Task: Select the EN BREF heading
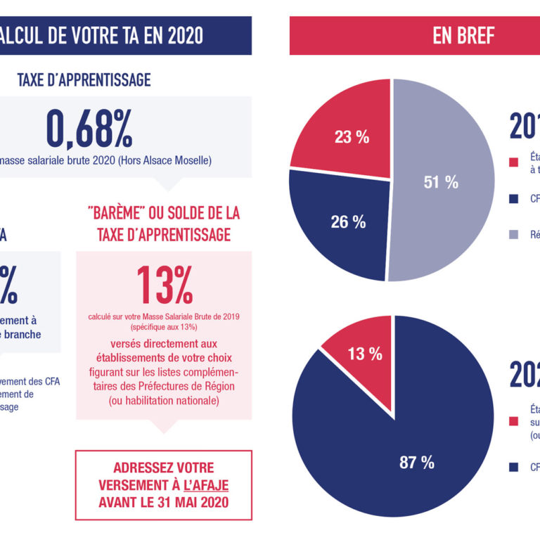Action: pyautogui.click(x=463, y=36)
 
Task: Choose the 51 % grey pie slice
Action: pyautogui.click(x=440, y=182)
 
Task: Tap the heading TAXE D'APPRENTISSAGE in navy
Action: pyautogui.click(x=84, y=79)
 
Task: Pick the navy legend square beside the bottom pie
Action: pyautogui.click(x=514, y=467)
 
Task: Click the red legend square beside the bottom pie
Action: pyautogui.click(x=514, y=422)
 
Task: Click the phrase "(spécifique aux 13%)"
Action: pyautogui.click(x=164, y=328)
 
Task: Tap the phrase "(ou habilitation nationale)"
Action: pyautogui.click(x=164, y=400)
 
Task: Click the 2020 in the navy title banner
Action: pyautogui.click(x=179, y=34)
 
